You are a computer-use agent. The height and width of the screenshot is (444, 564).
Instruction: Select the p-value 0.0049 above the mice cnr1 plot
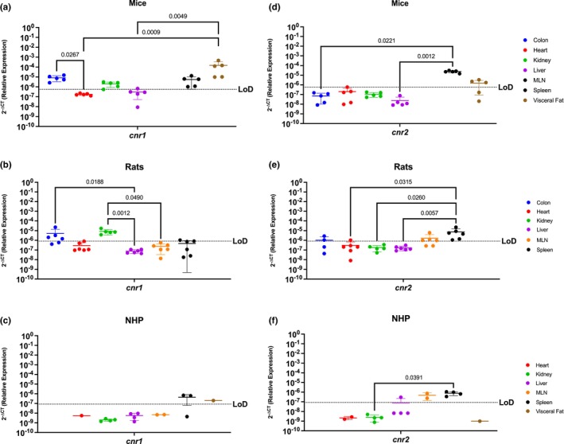point(191,15)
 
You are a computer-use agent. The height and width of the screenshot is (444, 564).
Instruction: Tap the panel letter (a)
point(10,6)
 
